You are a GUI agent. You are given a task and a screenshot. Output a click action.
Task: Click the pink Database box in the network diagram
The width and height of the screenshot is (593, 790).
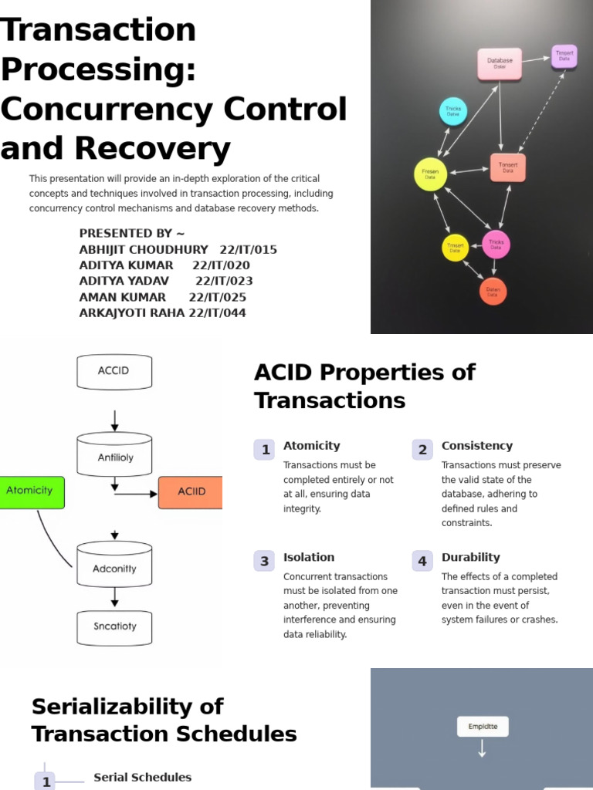(x=500, y=64)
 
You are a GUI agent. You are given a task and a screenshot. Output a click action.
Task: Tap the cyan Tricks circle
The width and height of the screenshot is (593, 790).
(x=453, y=112)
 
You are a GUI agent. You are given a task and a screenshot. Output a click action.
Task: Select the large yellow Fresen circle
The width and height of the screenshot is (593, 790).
(x=430, y=174)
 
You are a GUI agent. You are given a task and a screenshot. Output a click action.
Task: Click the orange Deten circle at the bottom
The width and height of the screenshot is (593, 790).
(x=493, y=291)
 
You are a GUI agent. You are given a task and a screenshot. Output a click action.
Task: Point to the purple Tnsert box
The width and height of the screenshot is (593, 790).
(x=564, y=56)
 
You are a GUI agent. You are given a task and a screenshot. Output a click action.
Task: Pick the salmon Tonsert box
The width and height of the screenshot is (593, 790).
(x=508, y=167)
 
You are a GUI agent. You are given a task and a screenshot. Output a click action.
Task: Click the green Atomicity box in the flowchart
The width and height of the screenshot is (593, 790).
(x=30, y=491)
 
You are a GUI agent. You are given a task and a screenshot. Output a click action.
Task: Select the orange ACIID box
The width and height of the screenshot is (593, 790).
(x=191, y=492)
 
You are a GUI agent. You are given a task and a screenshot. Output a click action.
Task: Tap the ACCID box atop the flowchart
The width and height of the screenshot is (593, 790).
(x=114, y=371)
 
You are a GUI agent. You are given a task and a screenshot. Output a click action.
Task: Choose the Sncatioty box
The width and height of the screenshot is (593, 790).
(x=114, y=627)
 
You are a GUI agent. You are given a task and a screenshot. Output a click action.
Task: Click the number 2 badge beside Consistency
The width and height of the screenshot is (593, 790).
(x=422, y=450)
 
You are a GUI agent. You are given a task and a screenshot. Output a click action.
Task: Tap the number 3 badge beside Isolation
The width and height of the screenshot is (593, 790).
(x=265, y=561)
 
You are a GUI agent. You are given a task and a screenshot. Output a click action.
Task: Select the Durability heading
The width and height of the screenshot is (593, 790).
(x=470, y=557)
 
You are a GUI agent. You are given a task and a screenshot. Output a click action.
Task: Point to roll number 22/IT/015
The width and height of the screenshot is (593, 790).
(x=248, y=249)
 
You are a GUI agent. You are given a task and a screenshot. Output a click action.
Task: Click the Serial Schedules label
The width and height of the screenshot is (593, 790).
(x=142, y=777)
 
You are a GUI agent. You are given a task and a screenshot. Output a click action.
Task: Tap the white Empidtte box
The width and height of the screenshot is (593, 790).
(x=483, y=726)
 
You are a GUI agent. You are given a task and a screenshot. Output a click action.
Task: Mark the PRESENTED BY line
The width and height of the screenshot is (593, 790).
(x=132, y=233)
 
